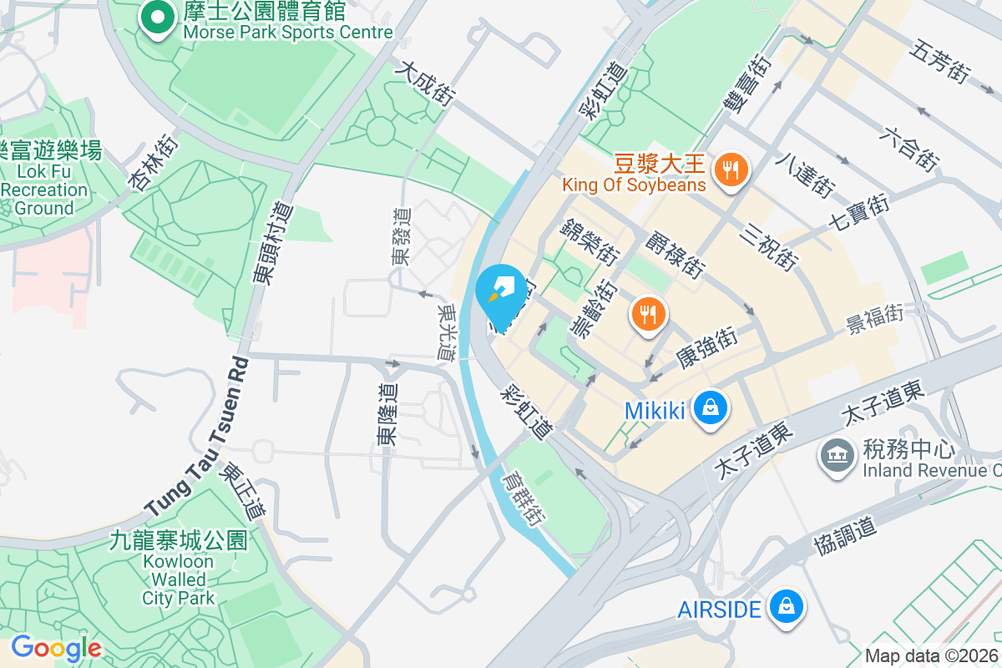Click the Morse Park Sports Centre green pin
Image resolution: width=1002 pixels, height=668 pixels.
point(156,18)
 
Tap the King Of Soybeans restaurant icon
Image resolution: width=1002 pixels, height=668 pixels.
point(731,171)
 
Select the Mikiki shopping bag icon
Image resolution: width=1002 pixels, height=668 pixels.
point(709,408)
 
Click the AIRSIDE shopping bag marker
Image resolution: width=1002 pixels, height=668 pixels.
point(785,607)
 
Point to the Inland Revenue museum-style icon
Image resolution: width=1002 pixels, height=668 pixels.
point(836,455)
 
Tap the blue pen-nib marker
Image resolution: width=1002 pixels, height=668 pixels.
point(501,292)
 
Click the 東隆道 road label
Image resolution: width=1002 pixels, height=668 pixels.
point(387,413)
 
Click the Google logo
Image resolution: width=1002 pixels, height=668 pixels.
point(56,648)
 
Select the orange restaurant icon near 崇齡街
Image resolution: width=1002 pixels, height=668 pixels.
point(648,314)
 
